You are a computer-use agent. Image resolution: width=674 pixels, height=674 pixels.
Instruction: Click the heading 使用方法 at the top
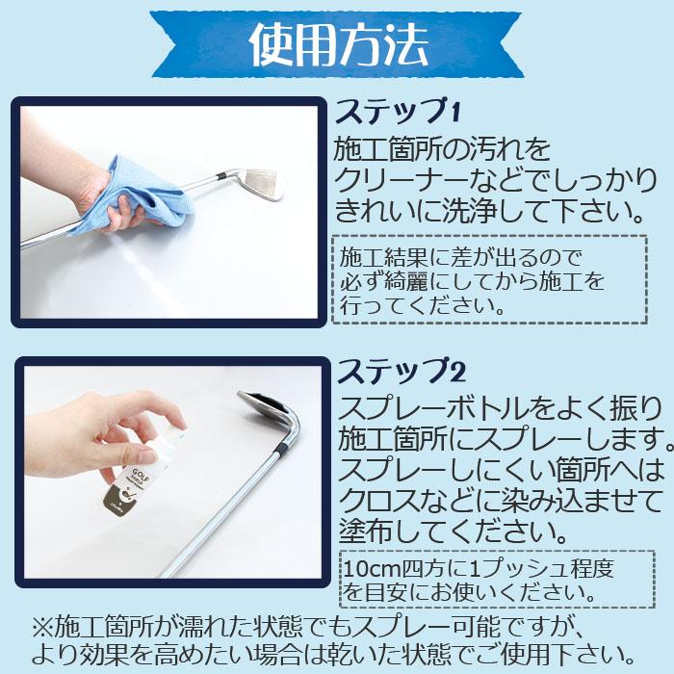click(x=337, y=41)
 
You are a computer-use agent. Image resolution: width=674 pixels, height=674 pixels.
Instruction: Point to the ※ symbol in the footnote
click(x=44, y=628)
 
